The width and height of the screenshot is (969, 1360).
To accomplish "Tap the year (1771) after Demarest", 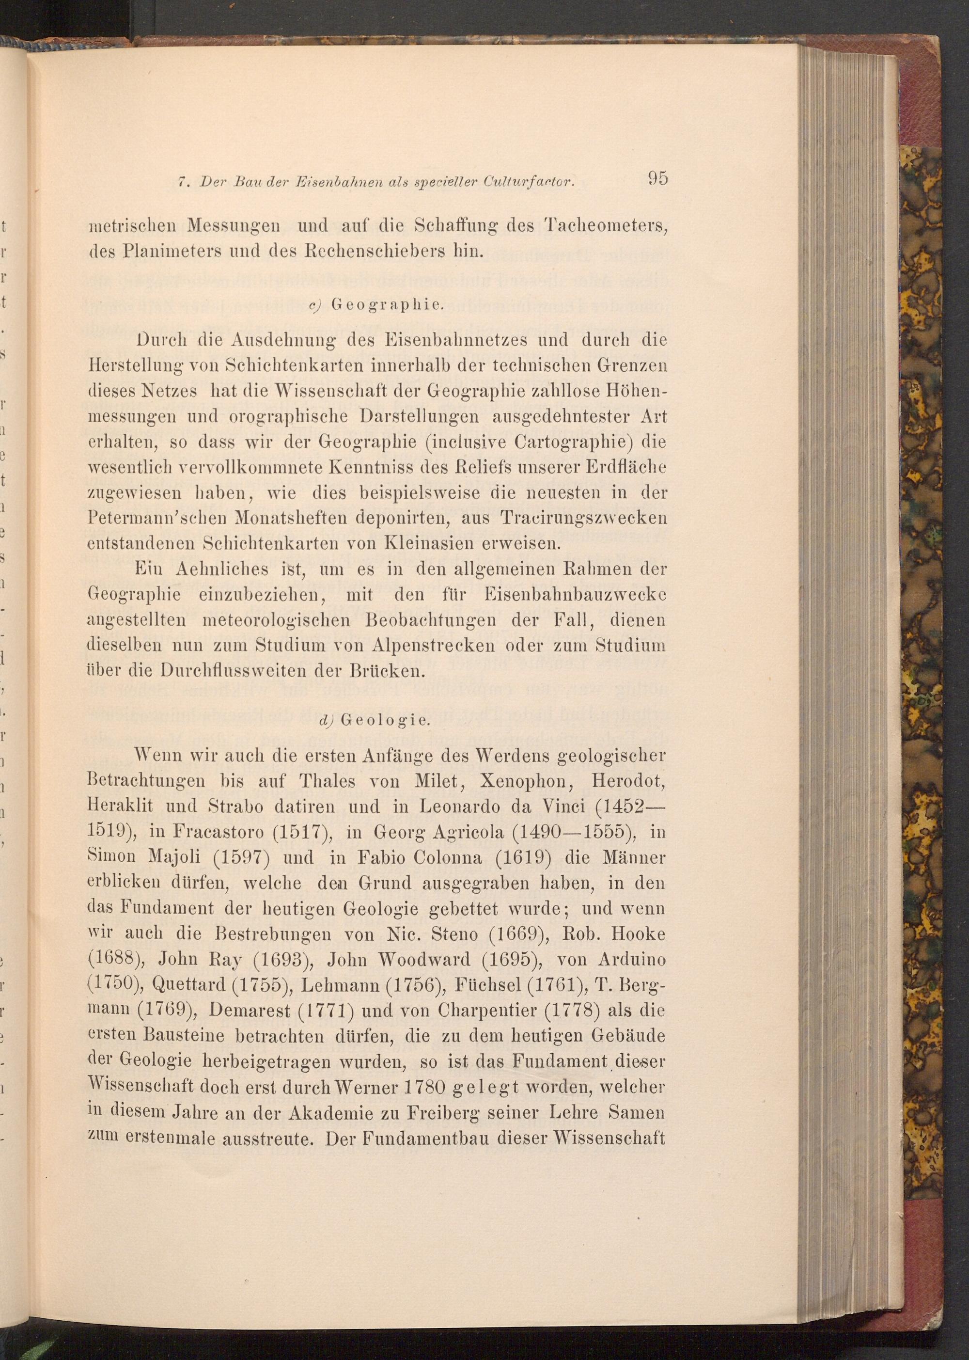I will [328, 1012].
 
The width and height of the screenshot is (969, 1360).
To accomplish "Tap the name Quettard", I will [186, 985].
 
